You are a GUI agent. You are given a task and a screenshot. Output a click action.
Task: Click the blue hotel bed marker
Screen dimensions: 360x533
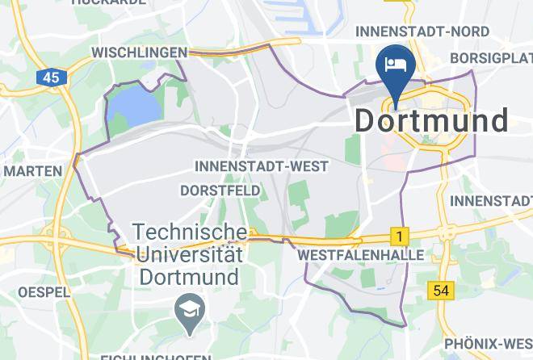pyautogui.click(x=396, y=65)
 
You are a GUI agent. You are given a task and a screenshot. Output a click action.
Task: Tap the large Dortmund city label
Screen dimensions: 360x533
pyautogui.click(x=431, y=120)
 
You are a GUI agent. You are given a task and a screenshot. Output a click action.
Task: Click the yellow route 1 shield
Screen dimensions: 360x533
pyautogui.click(x=398, y=237)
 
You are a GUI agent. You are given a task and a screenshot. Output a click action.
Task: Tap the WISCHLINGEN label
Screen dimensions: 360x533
pyautogui.click(x=140, y=52)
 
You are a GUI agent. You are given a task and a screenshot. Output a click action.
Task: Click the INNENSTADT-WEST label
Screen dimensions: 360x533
pyautogui.click(x=262, y=166)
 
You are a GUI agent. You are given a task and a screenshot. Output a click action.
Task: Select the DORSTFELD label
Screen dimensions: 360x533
pyautogui.click(x=220, y=190)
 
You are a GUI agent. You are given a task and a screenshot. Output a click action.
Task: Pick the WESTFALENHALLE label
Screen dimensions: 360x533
pyautogui.click(x=361, y=254)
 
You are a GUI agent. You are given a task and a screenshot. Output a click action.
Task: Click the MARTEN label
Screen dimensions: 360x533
pyautogui.click(x=32, y=171)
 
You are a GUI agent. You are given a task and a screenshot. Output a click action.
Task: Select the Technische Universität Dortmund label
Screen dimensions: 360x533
pyautogui.click(x=190, y=254)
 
